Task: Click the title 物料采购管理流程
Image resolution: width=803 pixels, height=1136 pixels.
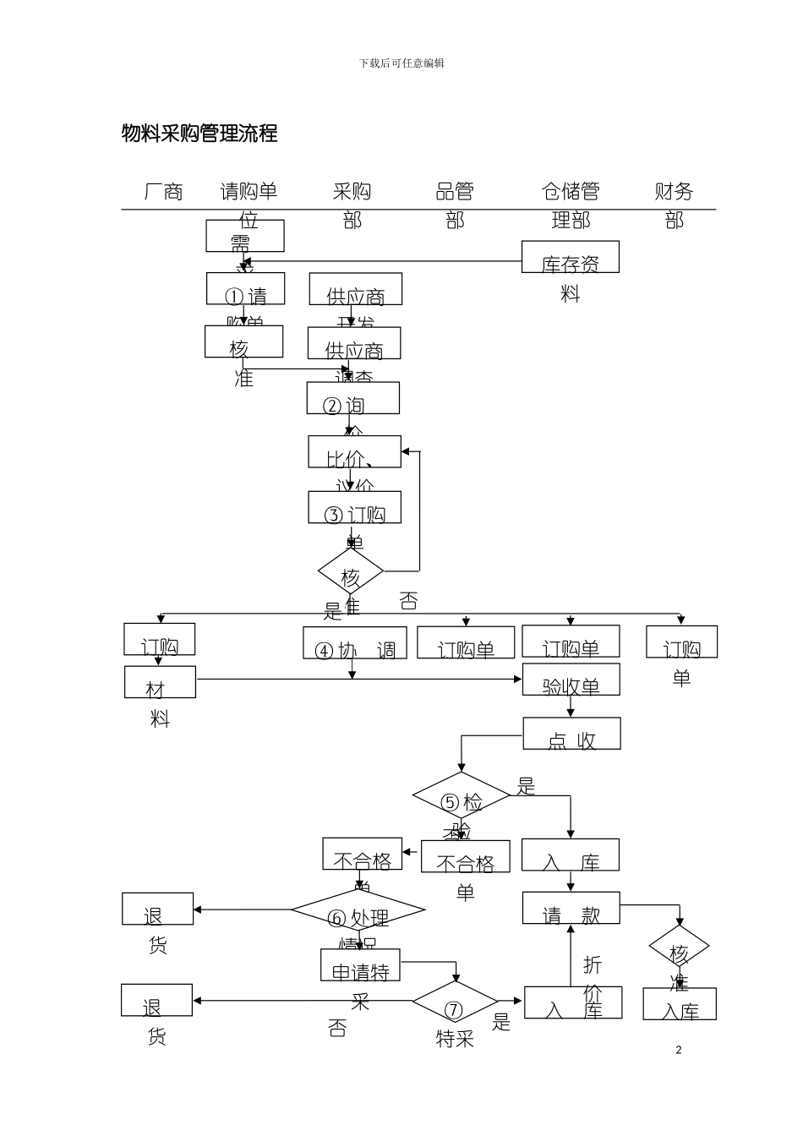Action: [199, 134]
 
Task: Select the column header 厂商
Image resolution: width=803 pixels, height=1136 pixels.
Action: [163, 192]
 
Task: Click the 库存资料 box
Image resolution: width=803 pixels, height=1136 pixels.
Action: [570, 258]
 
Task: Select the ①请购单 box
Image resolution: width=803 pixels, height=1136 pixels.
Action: [245, 289]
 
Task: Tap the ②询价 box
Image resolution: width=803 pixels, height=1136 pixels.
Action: [352, 398]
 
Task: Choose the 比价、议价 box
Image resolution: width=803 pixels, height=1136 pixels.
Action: [354, 452]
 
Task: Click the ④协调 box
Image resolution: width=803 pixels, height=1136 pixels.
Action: [355, 643]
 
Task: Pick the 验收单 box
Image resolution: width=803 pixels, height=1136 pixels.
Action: [571, 680]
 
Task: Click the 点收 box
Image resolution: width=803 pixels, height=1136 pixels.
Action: [571, 734]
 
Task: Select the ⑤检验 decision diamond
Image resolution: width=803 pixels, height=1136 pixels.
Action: [462, 796]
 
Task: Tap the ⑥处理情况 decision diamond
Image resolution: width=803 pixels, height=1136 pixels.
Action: [358, 911]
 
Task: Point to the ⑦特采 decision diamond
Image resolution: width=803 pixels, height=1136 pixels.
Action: [455, 1002]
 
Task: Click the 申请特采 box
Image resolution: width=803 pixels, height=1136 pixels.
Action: [360, 965]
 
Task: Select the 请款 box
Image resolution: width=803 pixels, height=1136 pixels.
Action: [571, 909]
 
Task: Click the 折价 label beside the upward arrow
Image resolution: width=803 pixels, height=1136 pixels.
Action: [593, 976]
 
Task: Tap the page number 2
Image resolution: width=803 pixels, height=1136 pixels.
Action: [678, 1050]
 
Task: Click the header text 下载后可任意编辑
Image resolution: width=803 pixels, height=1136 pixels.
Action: [401, 63]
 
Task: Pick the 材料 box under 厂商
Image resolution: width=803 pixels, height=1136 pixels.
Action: [160, 682]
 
